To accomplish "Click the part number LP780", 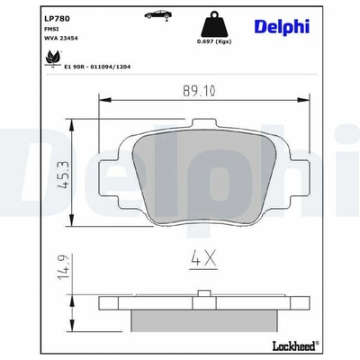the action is pos(57,19).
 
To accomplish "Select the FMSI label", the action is pos(51,29).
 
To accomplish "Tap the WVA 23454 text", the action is pos(61,38).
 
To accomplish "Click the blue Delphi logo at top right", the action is pos(282,27).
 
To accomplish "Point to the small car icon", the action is pos(158,15).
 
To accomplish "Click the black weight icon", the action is pos(214,24).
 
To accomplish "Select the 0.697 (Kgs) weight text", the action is pos(214,41).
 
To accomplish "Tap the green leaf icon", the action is pos(53,58).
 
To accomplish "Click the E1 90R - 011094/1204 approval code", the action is pos(97,67).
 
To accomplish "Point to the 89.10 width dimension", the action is pos(199,91).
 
